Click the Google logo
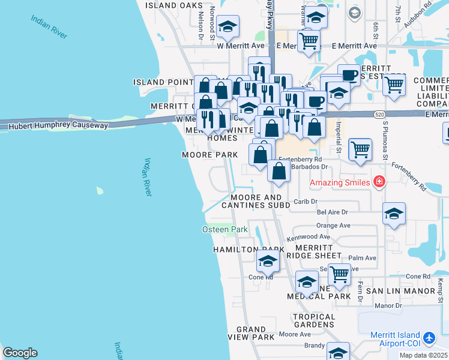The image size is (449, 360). click(x=20, y=353)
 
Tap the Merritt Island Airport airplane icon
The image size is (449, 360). click(x=429, y=338)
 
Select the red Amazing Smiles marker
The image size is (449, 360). click(x=379, y=181)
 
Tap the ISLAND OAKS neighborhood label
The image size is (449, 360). click(x=174, y=5)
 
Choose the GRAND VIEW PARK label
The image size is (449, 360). click(x=251, y=334)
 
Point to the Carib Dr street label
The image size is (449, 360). click(x=306, y=202)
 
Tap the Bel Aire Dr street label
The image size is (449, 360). click(x=332, y=212)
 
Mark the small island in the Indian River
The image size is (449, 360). click(x=99, y=191)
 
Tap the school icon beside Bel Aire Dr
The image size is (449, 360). click(x=394, y=214)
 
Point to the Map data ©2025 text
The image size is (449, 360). click(x=423, y=355)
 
